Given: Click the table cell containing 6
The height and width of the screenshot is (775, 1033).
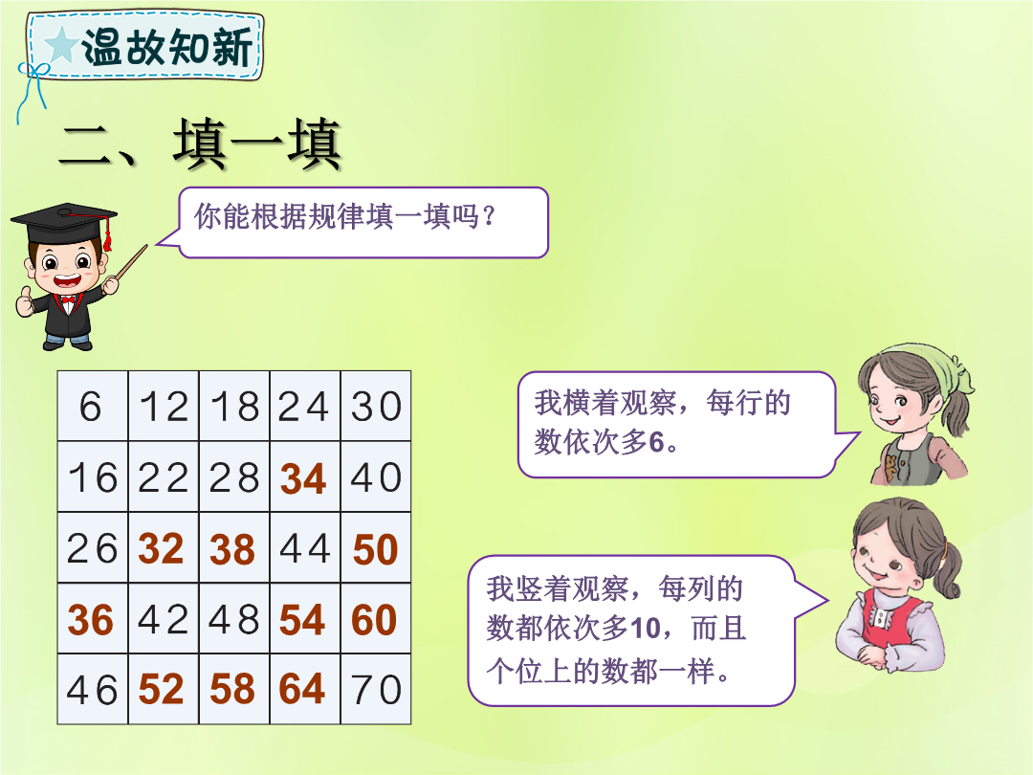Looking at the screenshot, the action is (92, 406).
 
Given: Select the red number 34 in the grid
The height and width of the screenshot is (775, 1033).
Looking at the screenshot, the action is (303, 478).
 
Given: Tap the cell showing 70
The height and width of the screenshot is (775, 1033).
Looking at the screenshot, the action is (376, 689).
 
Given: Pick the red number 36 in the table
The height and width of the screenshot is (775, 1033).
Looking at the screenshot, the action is (90, 620).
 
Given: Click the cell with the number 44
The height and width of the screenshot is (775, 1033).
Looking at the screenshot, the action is (305, 547).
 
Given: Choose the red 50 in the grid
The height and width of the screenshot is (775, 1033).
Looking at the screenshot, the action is (376, 549).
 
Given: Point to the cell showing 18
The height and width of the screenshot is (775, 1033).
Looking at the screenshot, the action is (234, 406).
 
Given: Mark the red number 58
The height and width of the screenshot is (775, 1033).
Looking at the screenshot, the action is (231, 690).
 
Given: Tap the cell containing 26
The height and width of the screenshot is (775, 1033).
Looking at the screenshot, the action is (92, 547).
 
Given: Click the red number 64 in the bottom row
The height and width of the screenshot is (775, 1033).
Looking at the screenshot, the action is (302, 690).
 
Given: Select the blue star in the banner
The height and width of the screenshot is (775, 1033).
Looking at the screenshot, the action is (61, 46).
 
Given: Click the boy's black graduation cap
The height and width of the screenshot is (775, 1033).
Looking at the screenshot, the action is (65, 222).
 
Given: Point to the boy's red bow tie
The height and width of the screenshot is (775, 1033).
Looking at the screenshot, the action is (67, 303).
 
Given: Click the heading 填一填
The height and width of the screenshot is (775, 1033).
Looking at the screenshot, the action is (257, 144).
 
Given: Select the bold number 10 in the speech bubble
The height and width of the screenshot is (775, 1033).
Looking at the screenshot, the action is (645, 629).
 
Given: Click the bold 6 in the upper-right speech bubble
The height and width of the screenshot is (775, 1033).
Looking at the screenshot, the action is (656, 442).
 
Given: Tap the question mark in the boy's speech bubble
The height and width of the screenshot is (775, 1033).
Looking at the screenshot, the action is (488, 216).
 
